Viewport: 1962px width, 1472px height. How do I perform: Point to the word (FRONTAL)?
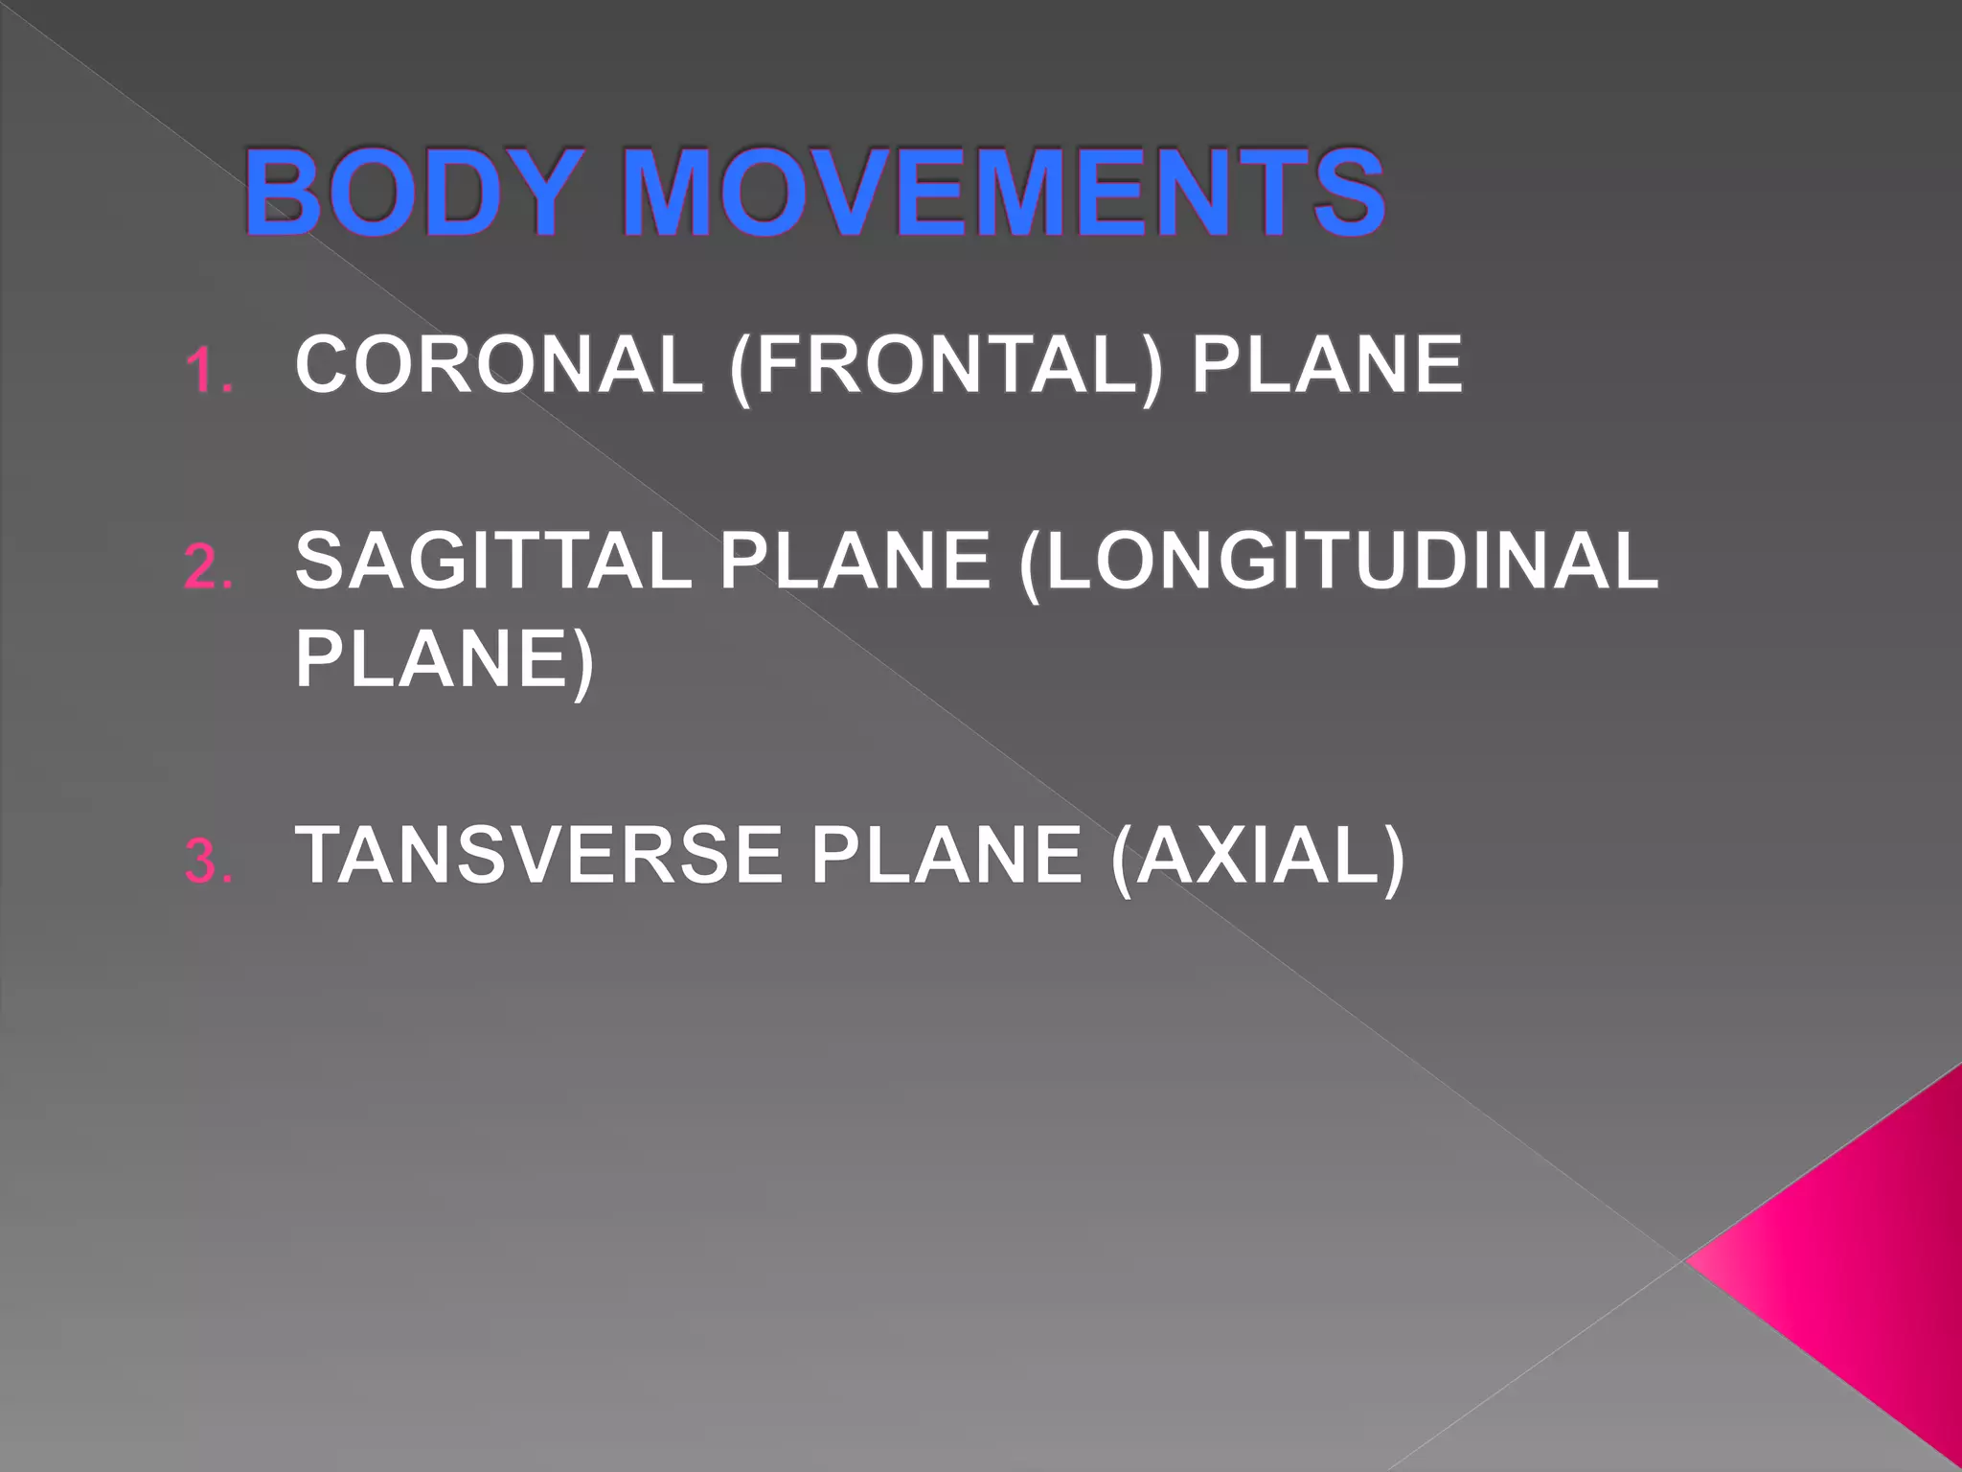(946, 367)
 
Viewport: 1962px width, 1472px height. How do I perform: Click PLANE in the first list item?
(1327, 365)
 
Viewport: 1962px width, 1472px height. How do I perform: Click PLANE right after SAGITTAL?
(855, 562)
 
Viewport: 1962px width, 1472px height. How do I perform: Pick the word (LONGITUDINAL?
(1338, 563)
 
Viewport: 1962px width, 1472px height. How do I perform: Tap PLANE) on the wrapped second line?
(445, 661)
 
